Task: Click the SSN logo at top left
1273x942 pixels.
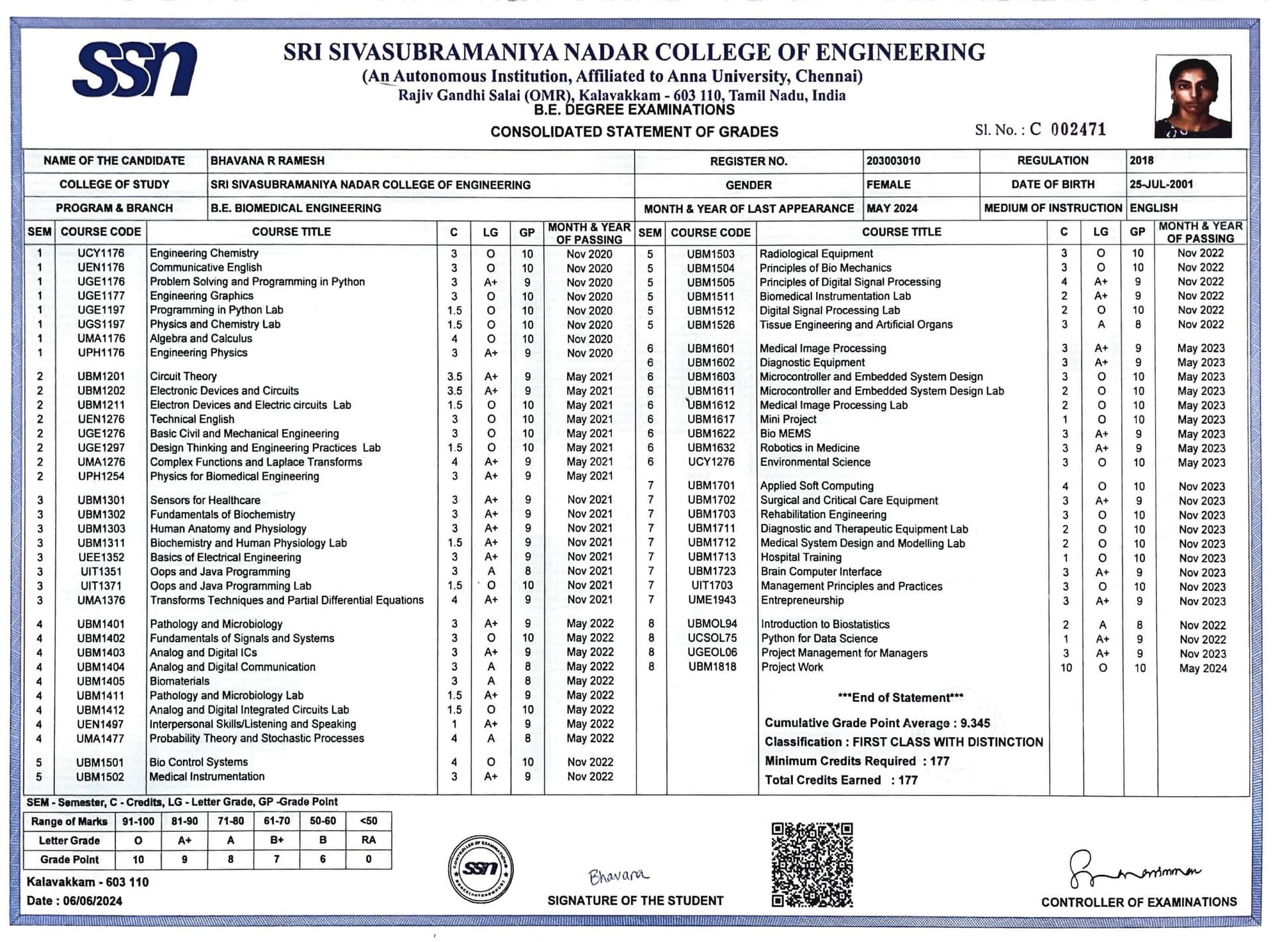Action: pos(135,70)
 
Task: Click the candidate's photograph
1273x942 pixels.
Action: pos(1192,96)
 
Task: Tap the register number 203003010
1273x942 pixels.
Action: pos(893,161)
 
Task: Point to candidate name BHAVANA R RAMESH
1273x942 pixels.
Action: pos(267,161)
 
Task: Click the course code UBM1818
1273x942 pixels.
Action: pos(711,667)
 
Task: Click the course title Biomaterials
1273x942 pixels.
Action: pos(179,681)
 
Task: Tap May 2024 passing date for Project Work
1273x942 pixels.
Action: pos(1202,668)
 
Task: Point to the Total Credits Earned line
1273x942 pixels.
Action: pos(841,780)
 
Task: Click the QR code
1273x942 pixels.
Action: pos(812,864)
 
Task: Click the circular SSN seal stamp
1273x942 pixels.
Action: pos(481,868)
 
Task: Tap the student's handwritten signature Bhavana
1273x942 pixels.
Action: pos(617,876)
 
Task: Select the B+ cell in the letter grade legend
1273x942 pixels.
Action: pos(276,840)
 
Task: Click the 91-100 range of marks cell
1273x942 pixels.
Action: pos(138,821)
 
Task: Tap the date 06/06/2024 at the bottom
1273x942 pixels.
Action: pos(91,901)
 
